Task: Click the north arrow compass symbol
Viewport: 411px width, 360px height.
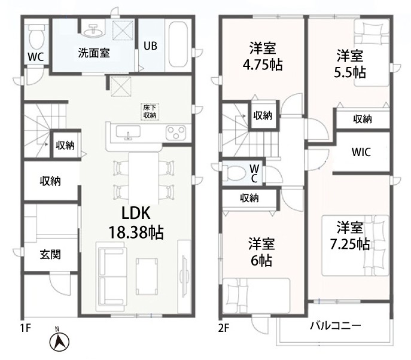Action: (x=59, y=340)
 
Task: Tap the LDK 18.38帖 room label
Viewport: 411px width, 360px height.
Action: (x=136, y=222)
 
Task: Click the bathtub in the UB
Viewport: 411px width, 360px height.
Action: (x=178, y=44)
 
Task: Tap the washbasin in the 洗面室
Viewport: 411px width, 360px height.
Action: (x=93, y=29)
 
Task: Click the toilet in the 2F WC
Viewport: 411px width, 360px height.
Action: (x=234, y=173)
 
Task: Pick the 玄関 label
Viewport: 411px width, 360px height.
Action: (x=50, y=254)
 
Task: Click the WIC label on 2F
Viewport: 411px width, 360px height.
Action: (x=361, y=152)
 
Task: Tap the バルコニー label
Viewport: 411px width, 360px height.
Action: (x=336, y=326)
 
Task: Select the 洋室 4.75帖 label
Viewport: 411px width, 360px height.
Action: (x=263, y=56)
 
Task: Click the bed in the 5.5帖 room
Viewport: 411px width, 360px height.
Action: (x=372, y=53)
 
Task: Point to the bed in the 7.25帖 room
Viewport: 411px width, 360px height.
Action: (x=355, y=245)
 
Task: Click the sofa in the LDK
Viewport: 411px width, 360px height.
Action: (x=111, y=277)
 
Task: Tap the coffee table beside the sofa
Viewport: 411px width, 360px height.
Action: (x=147, y=276)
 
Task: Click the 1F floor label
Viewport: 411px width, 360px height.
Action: (x=26, y=328)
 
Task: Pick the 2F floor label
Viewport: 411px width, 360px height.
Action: (x=224, y=328)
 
